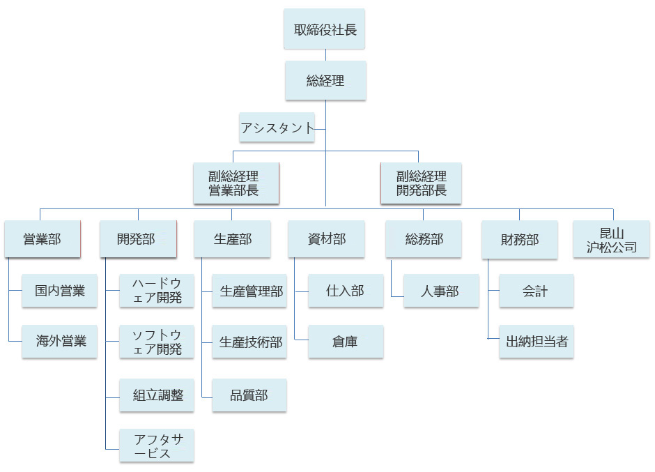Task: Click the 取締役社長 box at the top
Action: pos(325,29)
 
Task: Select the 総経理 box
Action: pos(325,80)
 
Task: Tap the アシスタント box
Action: pos(277,128)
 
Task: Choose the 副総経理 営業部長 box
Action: pos(236,183)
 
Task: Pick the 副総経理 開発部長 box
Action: pos(421,183)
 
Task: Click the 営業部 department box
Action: pos(42,240)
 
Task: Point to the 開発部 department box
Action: pos(137,240)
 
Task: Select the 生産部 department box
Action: pos(232,240)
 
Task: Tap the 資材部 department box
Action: pos(326,240)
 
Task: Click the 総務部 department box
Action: pos(424,240)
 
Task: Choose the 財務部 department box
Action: pos(519,240)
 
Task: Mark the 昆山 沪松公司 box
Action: pos(611,240)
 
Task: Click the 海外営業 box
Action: pos(59,342)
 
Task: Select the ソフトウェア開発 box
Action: pos(157,342)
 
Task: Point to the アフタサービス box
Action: pos(157,446)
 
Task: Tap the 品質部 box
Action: pos(249,395)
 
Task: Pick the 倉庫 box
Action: pos(346,342)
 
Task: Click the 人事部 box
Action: pos(441,291)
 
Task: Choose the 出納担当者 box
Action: pos(537,342)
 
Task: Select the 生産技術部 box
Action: pos(249,342)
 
